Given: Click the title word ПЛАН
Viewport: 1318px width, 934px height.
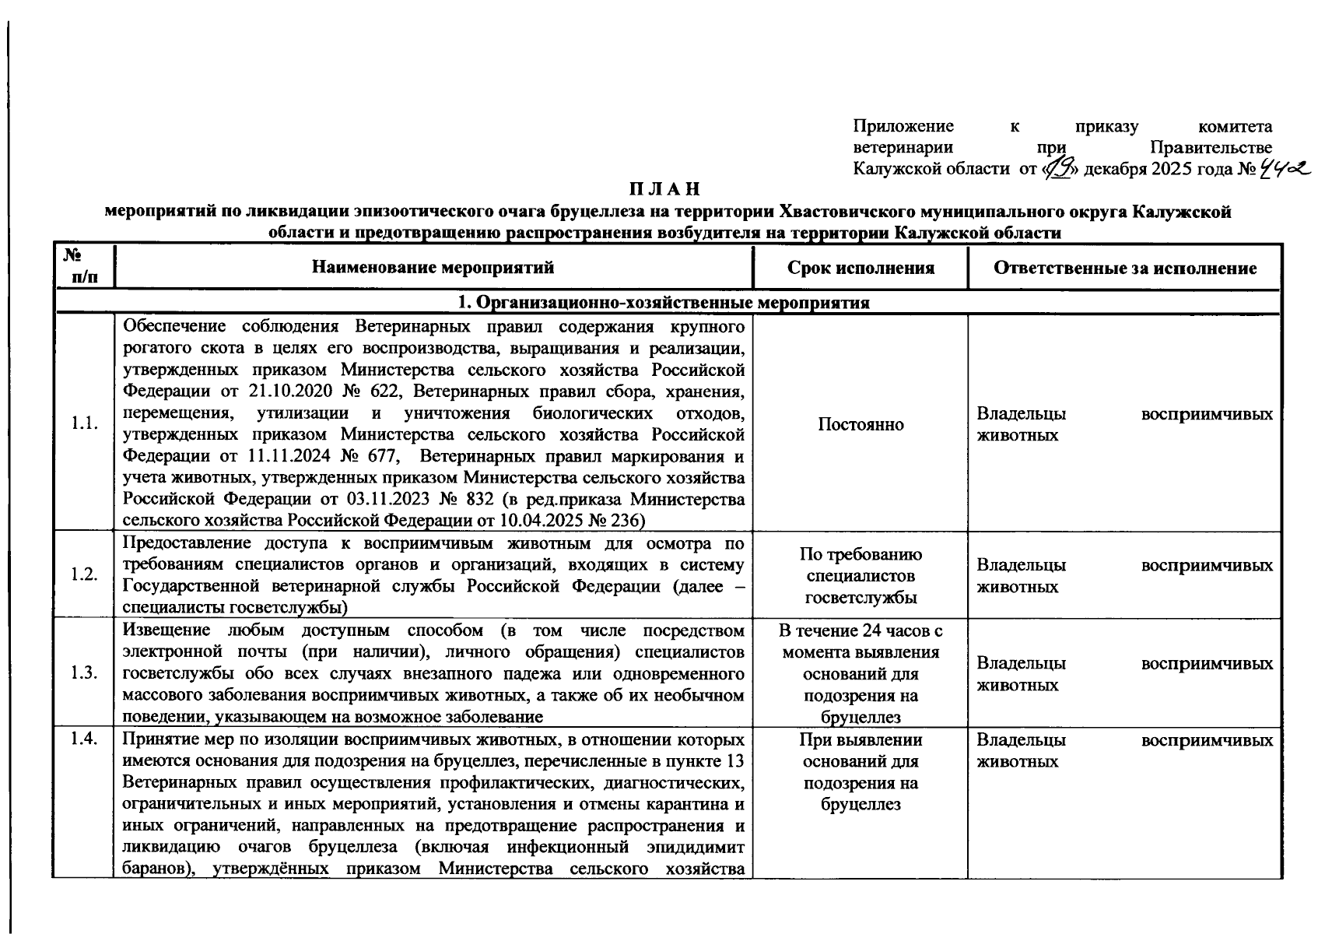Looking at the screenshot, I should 665,189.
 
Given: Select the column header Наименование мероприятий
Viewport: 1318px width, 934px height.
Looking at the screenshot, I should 433,269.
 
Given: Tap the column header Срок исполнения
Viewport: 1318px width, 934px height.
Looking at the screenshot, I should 861,269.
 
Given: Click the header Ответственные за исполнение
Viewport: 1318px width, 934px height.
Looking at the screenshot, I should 1125,269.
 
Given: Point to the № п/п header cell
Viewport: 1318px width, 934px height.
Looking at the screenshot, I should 82,267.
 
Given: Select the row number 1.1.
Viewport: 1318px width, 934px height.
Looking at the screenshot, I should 83,424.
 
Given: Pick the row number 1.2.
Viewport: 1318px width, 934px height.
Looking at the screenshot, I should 83,575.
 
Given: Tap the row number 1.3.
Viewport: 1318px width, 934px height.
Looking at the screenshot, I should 83,674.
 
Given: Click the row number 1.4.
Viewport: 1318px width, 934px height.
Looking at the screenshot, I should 83,740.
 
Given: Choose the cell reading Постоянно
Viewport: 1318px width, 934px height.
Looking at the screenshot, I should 861,424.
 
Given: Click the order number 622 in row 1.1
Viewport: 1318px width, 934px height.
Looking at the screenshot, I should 380,391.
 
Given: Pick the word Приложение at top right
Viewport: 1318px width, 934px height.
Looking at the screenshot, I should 903,126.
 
